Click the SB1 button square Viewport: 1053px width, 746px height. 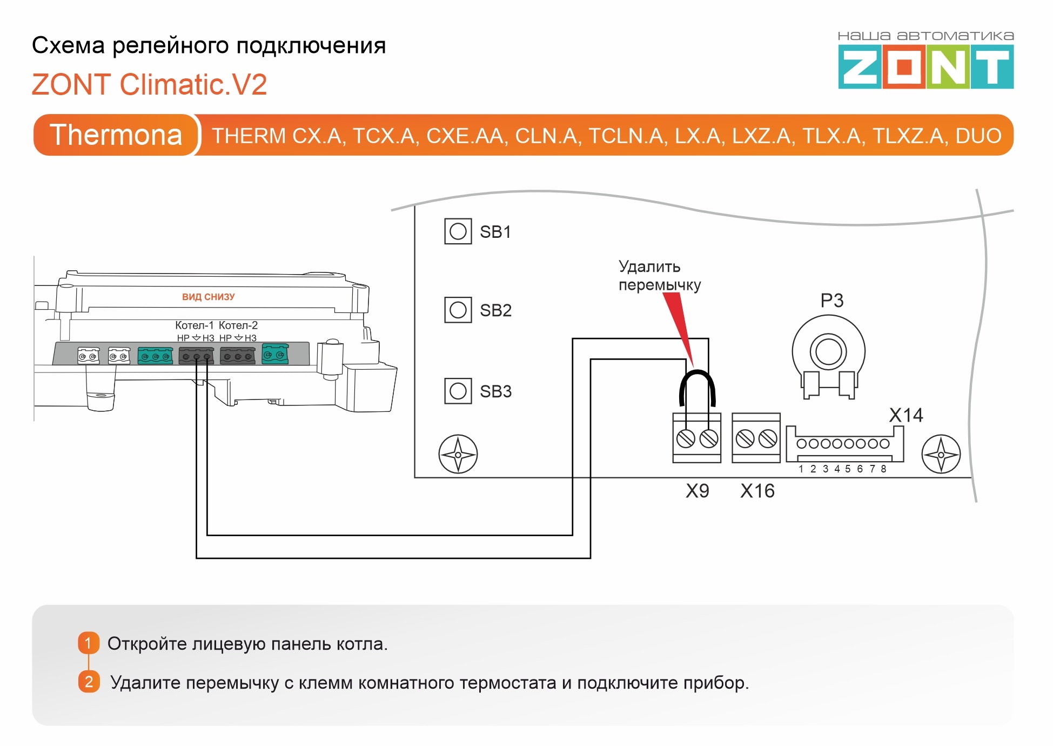(x=458, y=231)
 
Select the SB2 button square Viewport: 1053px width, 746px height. (x=458, y=310)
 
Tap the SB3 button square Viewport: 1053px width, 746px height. (x=458, y=390)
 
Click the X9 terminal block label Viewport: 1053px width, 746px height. (x=697, y=491)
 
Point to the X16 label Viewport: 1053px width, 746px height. (x=757, y=491)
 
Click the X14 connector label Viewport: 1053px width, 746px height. (x=906, y=415)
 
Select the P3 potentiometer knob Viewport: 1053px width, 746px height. (x=828, y=352)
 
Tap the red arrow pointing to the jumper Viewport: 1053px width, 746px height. (x=678, y=327)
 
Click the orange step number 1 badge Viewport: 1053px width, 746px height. (x=89, y=643)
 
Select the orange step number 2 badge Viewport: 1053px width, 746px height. (x=89, y=682)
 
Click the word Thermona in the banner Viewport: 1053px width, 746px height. (x=116, y=135)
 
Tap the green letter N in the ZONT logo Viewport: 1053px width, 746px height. (x=948, y=67)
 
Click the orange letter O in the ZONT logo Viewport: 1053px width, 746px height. (x=904, y=67)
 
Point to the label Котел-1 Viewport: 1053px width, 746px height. (x=194, y=325)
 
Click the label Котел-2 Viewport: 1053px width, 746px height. (x=238, y=325)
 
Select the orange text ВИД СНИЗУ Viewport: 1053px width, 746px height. (x=208, y=297)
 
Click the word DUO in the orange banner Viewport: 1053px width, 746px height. (x=978, y=136)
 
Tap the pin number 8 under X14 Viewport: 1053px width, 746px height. (x=883, y=469)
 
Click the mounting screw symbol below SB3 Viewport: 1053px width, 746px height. (x=458, y=454)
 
